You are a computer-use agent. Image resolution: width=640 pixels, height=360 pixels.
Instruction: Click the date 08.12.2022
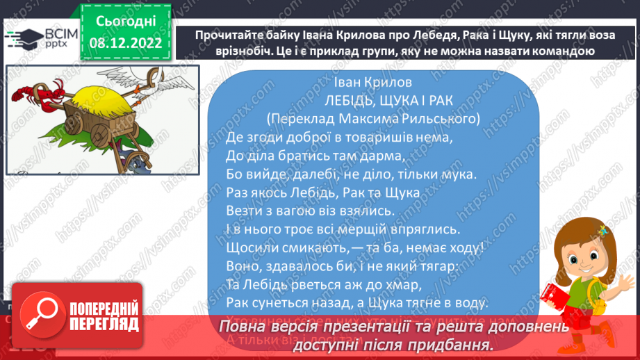pos(126,43)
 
